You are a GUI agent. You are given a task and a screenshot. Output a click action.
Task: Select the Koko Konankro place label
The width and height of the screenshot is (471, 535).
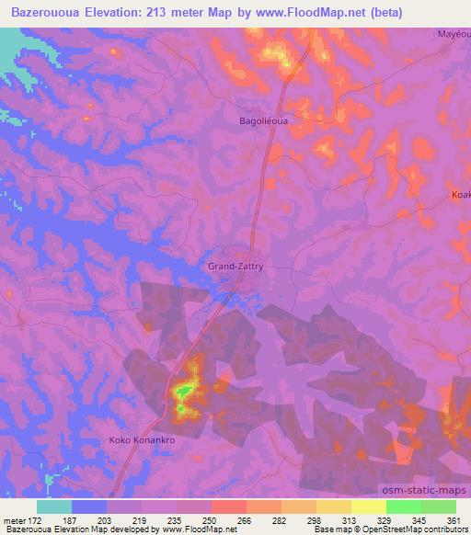pyautogui.click(x=142, y=439)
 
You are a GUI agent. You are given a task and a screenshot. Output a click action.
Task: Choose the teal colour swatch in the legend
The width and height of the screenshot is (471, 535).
pyautogui.click(x=54, y=507)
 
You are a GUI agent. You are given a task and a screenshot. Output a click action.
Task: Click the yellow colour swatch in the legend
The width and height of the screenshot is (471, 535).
pyautogui.click(x=368, y=507)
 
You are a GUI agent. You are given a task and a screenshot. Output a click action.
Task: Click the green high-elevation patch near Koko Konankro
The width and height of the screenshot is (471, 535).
pyautogui.click(x=184, y=392)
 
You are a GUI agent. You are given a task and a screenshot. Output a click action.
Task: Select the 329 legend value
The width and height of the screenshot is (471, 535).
pyautogui.click(x=392, y=521)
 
